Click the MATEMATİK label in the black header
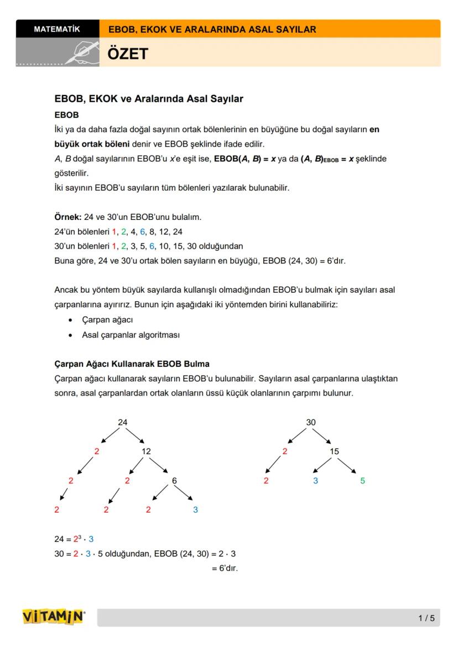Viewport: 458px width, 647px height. tap(57, 29)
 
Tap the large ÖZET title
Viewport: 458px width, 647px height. tap(128, 54)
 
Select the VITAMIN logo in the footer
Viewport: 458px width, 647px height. tap(54, 617)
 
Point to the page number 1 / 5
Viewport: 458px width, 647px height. tap(426, 618)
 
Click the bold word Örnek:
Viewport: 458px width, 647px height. tap(68, 217)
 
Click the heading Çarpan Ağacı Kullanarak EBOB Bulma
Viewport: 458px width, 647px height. tap(132, 364)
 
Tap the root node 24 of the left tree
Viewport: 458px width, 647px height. tap(123, 422)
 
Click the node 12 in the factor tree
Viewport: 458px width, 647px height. tap(146, 451)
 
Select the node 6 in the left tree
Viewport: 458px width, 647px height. tap(174, 481)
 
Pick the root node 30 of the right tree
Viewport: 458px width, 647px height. tap(311, 422)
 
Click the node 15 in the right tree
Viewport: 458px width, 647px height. tap(334, 451)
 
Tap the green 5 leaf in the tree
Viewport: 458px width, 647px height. tap(362, 481)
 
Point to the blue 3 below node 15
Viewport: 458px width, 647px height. tap(315, 481)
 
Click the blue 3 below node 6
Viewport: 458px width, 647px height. tap(195, 510)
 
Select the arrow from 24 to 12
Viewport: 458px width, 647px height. tap(134, 436)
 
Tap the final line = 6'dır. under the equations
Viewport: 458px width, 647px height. tap(225, 568)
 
